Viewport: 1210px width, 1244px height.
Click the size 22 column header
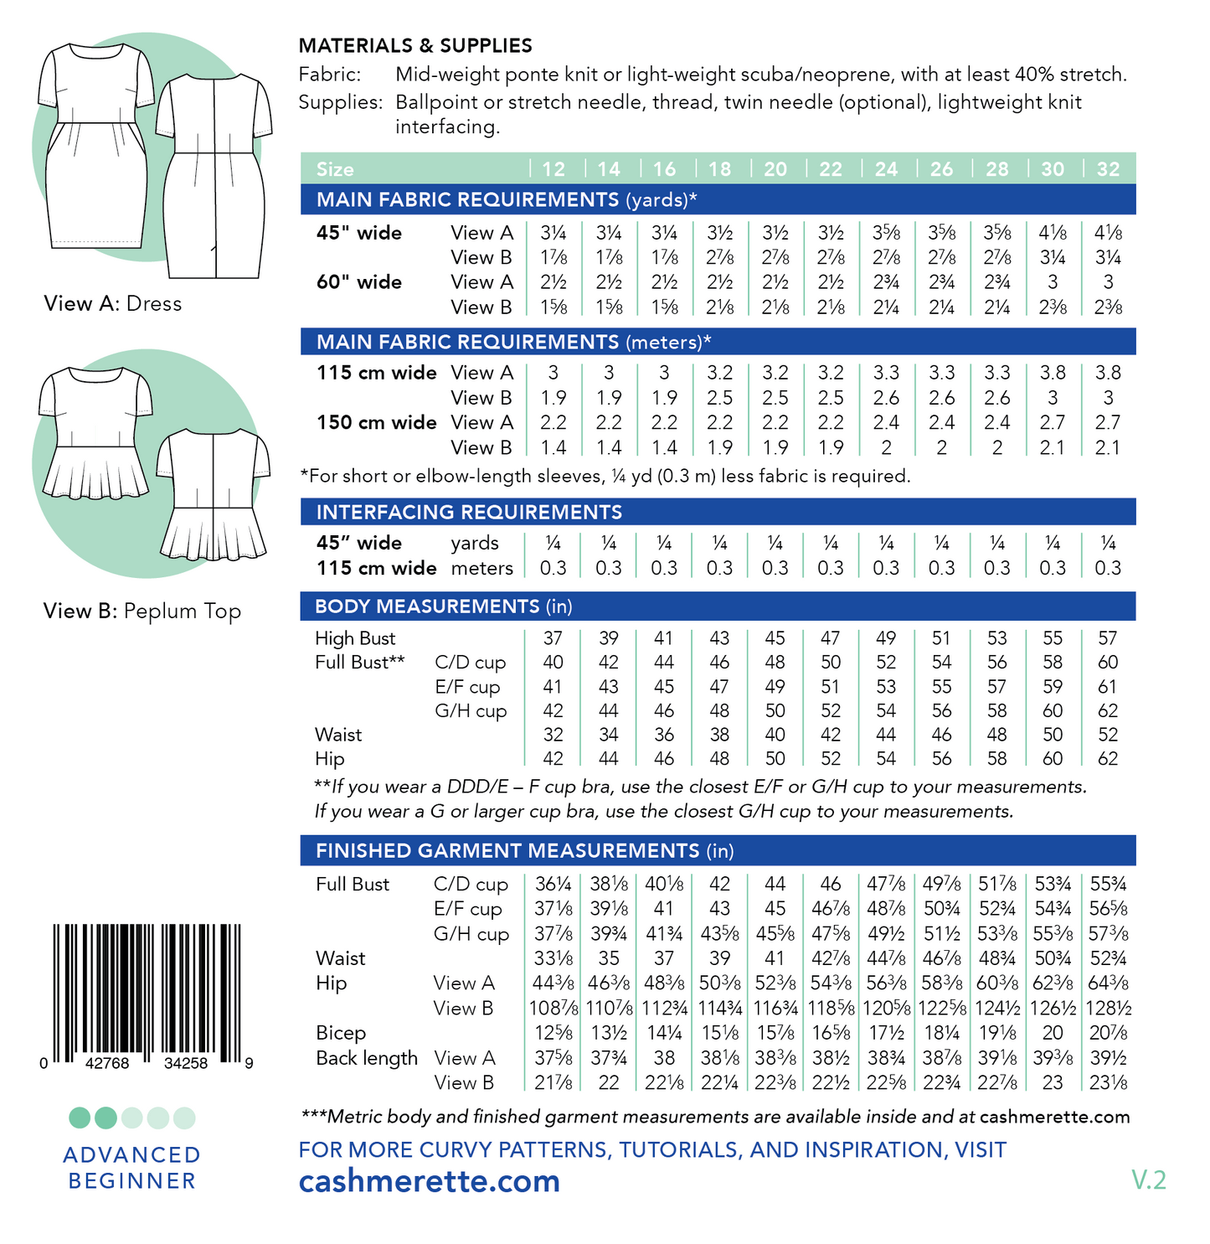830,169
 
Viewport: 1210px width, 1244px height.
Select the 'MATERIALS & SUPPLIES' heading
415,46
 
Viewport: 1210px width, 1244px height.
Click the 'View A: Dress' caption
113,303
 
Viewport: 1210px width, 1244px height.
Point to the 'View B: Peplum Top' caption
142,611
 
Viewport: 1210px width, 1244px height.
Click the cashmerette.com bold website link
430,1181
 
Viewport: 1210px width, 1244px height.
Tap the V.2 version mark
1148,1180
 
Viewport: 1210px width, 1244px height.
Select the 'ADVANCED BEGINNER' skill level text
132,1168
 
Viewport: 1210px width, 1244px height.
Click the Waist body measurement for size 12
553,735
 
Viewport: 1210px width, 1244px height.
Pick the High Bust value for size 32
1107,638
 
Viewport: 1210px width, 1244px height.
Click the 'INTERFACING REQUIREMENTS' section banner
469,512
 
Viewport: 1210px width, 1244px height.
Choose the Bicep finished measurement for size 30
1052,1033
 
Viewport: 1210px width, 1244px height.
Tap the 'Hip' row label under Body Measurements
330,759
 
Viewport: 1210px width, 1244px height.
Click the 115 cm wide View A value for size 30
1052,373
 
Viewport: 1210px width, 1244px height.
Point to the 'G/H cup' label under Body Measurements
471,711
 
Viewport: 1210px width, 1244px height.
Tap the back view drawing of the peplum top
214,494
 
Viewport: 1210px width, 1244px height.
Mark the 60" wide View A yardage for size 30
1052,282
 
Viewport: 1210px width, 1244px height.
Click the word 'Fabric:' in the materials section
330,75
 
